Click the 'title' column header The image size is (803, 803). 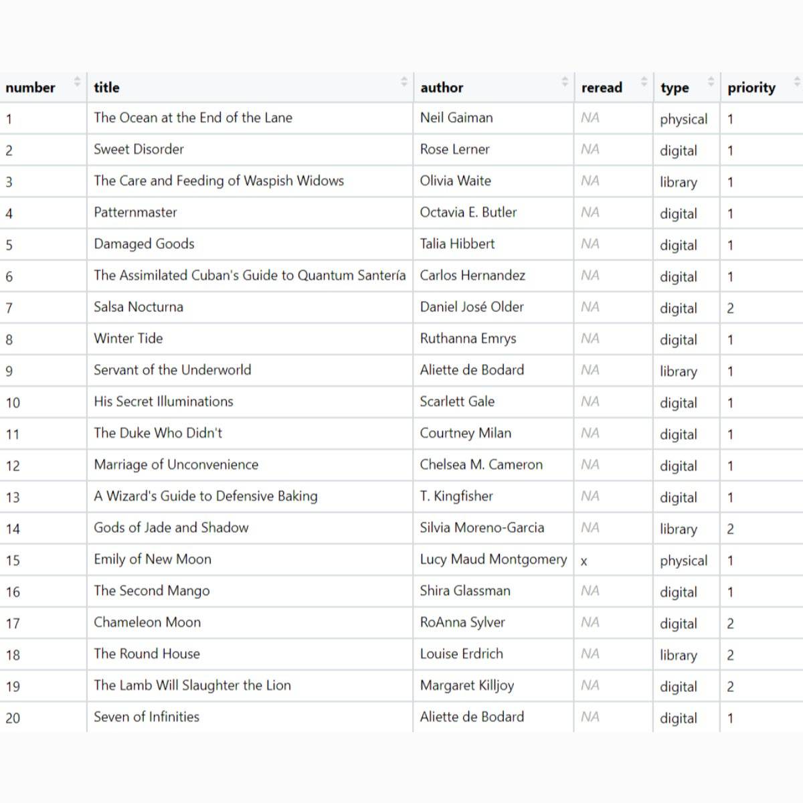coord(106,88)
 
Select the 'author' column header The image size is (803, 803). coord(442,88)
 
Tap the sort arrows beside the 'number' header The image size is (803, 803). coord(77,82)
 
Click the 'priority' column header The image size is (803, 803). coord(751,88)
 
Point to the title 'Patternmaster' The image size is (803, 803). coord(135,213)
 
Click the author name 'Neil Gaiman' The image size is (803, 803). coord(456,118)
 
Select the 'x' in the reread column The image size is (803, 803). coord(584,561)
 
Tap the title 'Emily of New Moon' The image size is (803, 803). coord(153,559)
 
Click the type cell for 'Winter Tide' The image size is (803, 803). coord(679,340)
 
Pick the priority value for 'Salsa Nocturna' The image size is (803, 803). coord(731,308)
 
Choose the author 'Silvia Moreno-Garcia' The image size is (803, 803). coord(482,528)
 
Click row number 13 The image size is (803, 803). coord(13,497)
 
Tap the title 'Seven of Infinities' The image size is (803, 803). coord(147,717)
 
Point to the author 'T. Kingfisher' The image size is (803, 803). coord(456,497)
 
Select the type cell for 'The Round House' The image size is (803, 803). coord(679,655)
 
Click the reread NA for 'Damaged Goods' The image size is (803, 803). coord(590,244)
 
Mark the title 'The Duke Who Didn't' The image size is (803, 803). coord(158,434)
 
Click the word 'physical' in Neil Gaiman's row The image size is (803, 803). coord(683,119)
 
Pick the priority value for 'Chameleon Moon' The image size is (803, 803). coord(731,624)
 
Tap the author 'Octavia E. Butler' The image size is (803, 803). coord(468,213)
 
